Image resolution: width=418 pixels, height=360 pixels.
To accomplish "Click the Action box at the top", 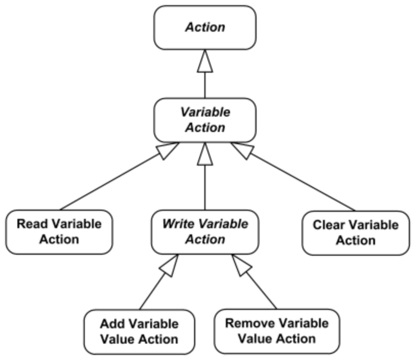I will click(204, 28).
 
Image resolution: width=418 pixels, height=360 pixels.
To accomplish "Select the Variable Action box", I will click(204, 120).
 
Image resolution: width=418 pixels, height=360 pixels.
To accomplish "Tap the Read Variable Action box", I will click(59, 232).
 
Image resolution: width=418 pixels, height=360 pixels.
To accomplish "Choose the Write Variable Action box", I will click(204, 232).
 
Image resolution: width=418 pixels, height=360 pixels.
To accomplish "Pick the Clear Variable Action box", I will click(356, 232).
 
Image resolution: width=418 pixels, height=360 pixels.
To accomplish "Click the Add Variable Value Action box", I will click(139, 331).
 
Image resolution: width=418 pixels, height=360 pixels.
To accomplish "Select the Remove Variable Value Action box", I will click(276, 331).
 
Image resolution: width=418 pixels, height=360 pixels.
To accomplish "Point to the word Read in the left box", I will click(30, 224).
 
